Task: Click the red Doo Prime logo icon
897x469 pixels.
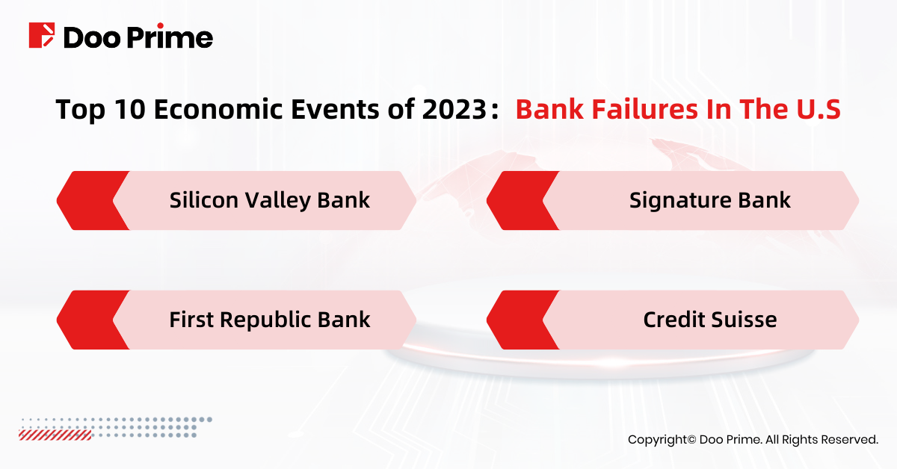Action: click(42, 35)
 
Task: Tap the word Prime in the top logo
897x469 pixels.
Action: click(170, 37)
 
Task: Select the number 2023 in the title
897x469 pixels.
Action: click(454, 109)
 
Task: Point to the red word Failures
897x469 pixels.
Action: click(645, 109)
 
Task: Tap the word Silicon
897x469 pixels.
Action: click(204, 200)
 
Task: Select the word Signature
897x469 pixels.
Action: click(680, 201)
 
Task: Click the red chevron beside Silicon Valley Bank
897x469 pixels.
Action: click(90, 200)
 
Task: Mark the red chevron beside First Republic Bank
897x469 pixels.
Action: click(90, 320)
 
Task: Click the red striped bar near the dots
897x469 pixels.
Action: click(55, 435)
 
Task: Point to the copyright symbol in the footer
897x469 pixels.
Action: click(691, 439)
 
